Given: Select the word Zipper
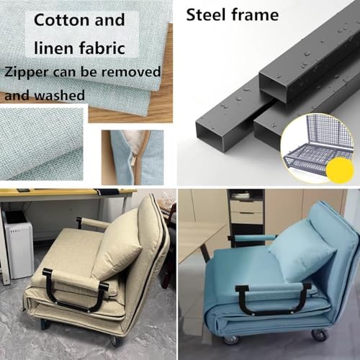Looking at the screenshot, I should [28, 72].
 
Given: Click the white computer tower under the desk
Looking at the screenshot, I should [19, 244].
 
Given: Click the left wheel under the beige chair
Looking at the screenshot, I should [45, 324].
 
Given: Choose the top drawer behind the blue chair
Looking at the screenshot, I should [246, 206].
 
